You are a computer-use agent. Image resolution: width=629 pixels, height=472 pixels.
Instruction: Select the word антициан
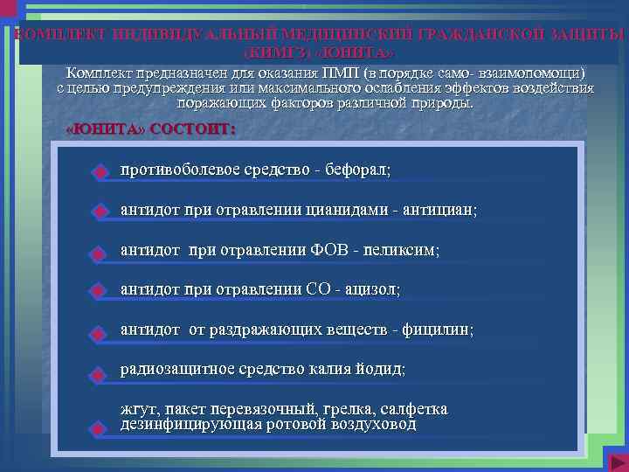click(439, 210)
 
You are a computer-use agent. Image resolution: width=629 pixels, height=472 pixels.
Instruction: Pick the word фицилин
click(437, 330)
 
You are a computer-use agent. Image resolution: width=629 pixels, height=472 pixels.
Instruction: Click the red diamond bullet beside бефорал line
click(100, 172)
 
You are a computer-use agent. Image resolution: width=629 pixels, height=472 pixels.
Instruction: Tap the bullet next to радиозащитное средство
click(100, 374)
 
